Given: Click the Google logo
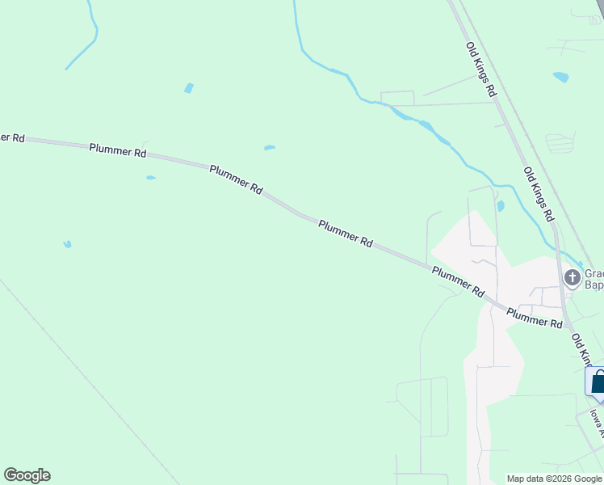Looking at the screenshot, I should pos(27,475).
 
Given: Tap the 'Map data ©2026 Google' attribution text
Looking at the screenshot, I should pos(554,479).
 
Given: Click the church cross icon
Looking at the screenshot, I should pos(573,279).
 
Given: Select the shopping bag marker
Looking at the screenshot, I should pos(598,382).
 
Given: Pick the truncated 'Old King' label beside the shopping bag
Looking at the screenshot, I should pos(582,348).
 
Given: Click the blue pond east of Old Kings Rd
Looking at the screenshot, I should pos(560,78).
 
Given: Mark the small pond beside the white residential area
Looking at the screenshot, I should pos(501,206).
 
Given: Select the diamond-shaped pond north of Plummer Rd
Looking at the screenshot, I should pos(189,88).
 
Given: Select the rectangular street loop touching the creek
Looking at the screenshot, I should pos(397,99).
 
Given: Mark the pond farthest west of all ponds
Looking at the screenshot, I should pos(68,243).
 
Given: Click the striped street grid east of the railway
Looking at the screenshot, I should pos(560,142).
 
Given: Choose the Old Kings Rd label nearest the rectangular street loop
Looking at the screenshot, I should pos(480,70).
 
